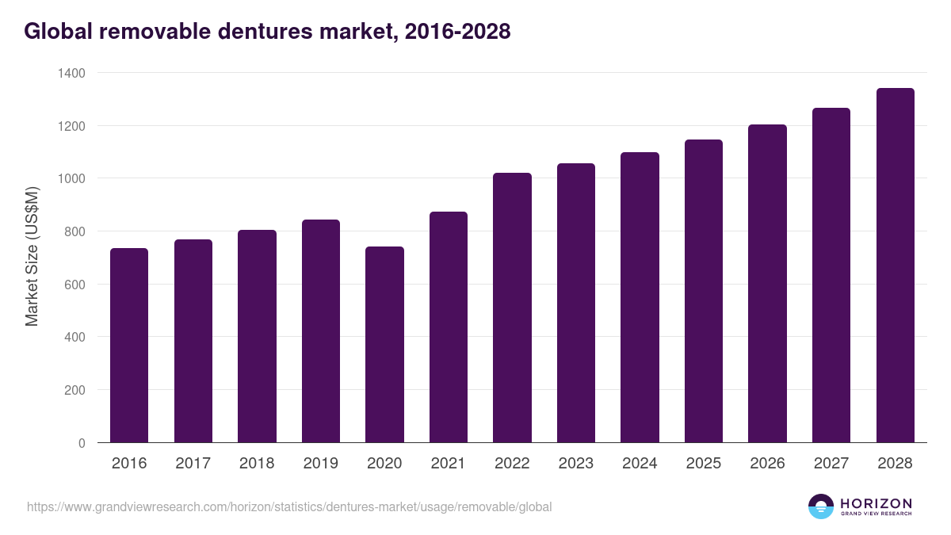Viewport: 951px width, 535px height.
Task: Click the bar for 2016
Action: [129, 346]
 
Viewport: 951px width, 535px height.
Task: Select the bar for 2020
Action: [384, 345]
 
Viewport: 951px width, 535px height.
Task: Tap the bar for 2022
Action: [512, 308]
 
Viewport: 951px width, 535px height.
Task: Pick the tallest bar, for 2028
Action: [895, 266]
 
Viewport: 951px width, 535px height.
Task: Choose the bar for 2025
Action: [704, 291]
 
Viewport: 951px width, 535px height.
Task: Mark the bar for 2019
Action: [320, 331]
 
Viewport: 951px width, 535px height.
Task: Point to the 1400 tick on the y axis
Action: [71, 73]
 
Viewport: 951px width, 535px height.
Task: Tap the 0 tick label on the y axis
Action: [81, 443]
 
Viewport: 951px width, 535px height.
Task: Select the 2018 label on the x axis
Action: [257, 464]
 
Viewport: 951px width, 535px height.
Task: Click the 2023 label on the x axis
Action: [576, 464]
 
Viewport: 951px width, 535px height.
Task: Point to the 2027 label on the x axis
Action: [831, 464]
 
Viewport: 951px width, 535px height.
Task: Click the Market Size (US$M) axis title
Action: [32, 257]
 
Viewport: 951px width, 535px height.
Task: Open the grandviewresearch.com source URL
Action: [289, 506]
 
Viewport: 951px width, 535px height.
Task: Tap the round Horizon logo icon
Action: [821, 506]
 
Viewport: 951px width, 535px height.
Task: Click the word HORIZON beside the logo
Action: [876, 503]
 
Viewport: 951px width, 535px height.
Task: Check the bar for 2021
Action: [449, 327]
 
